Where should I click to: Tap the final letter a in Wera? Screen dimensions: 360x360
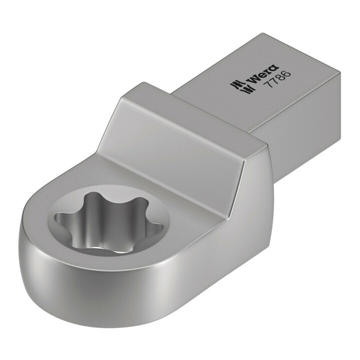[x=274, y=67]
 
